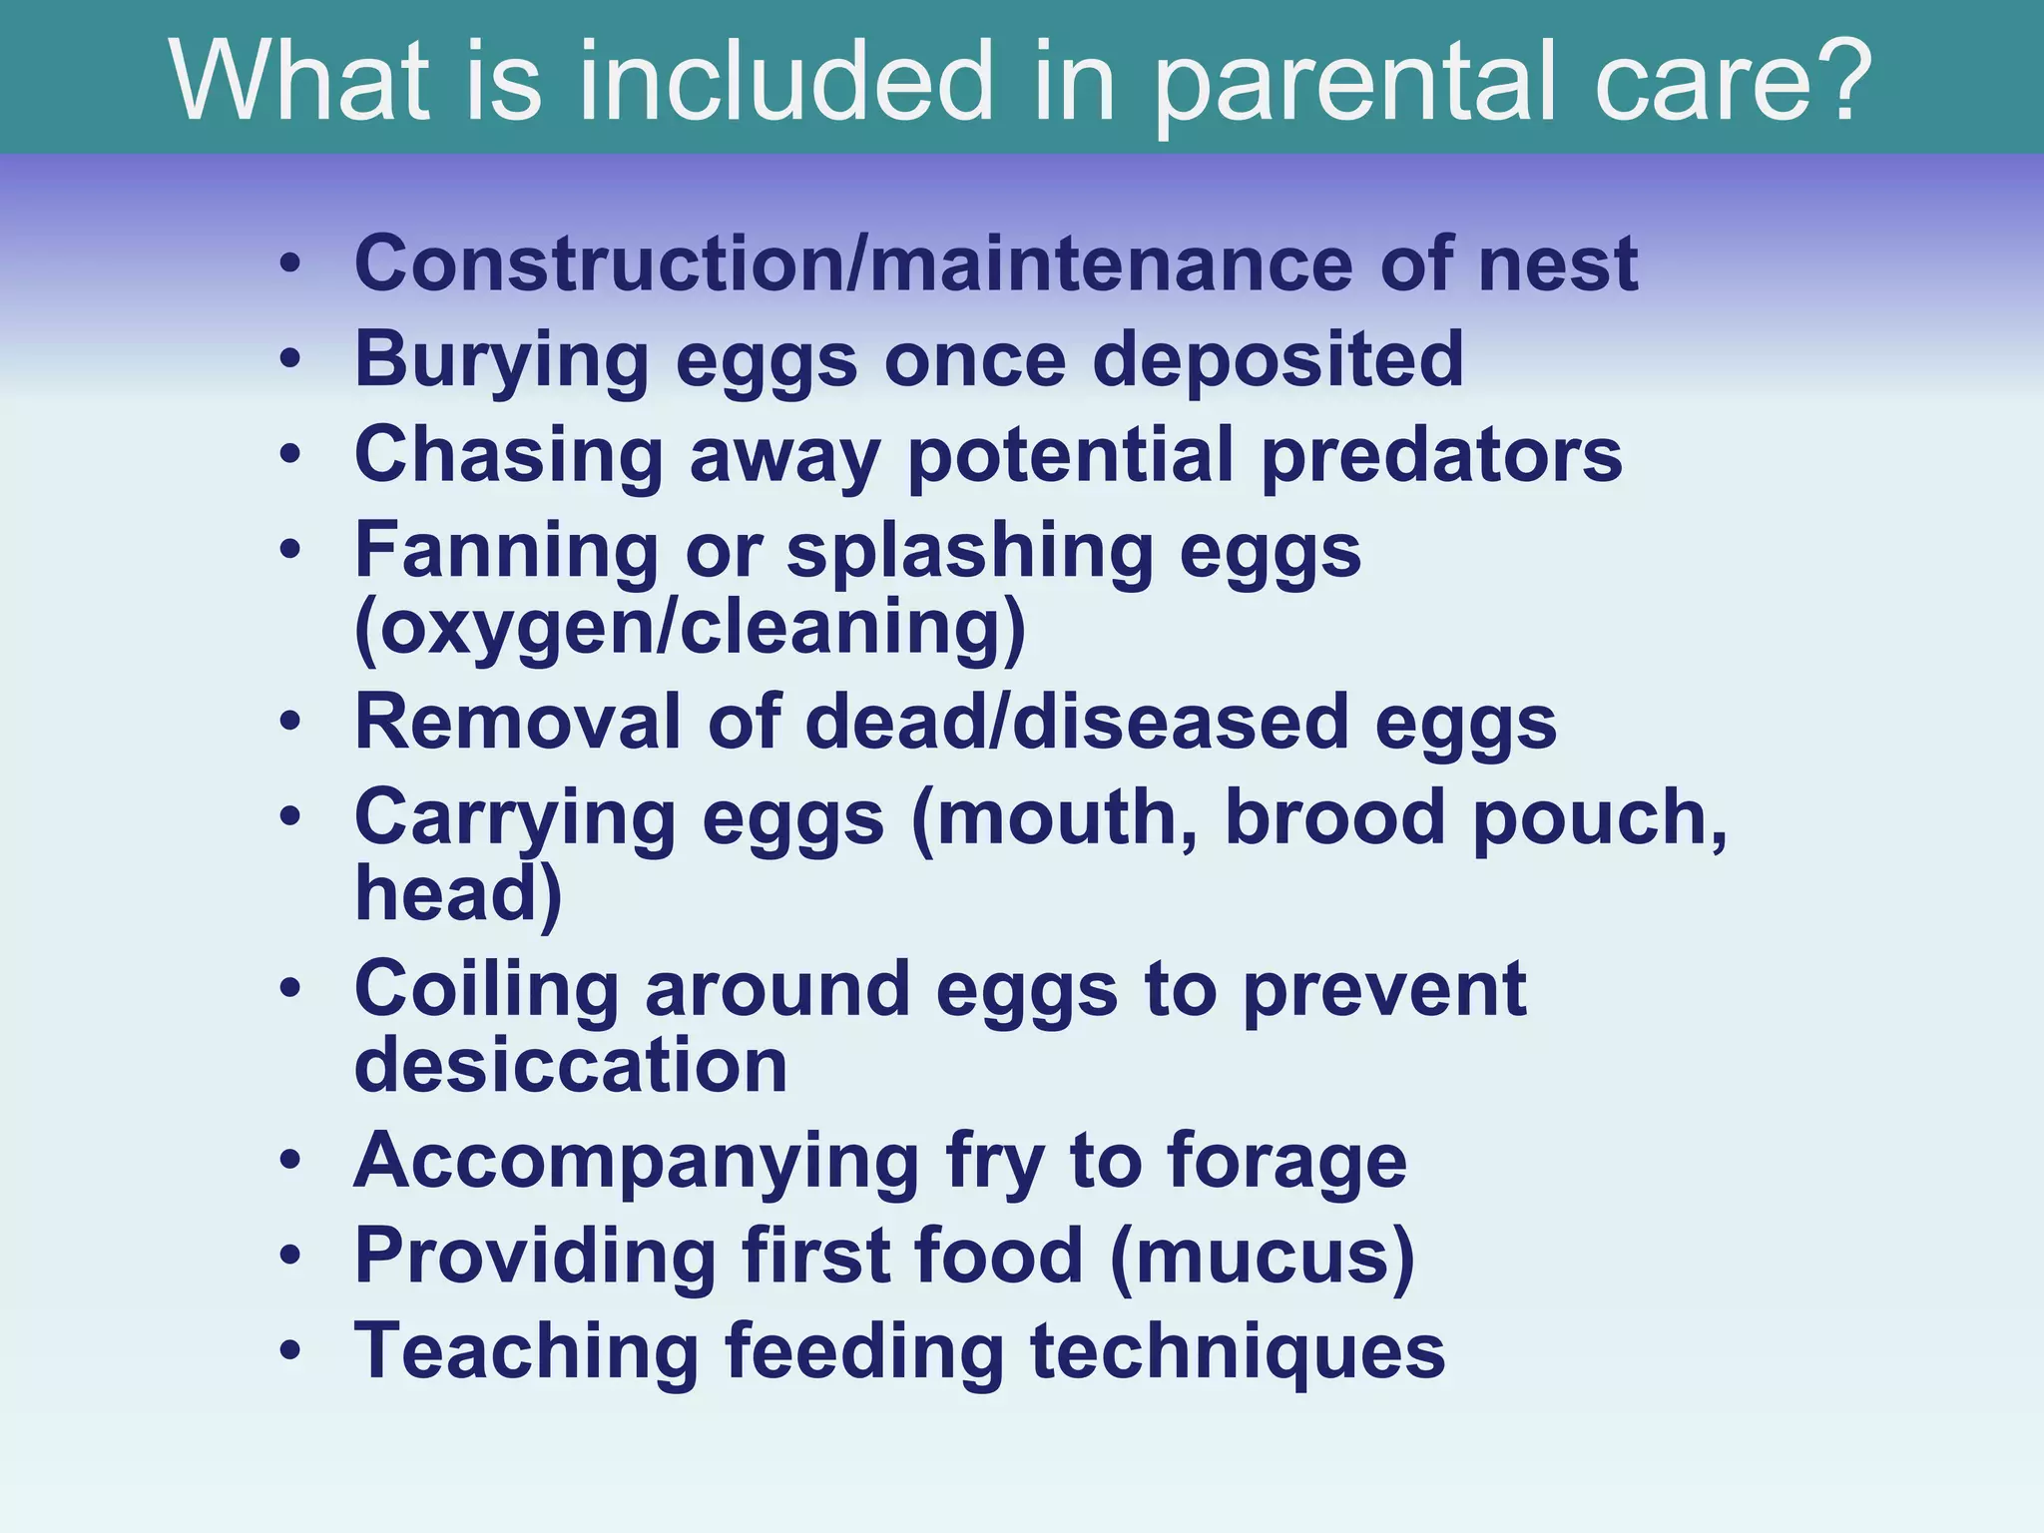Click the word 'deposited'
click(1277, 358)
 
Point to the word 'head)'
click(458, 891)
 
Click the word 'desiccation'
click(571, 1064)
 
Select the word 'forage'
click(1286, 1160)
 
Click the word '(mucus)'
click(1262, 1256)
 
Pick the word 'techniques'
click(1237, 1350)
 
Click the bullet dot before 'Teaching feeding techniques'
click(289, 1351)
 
